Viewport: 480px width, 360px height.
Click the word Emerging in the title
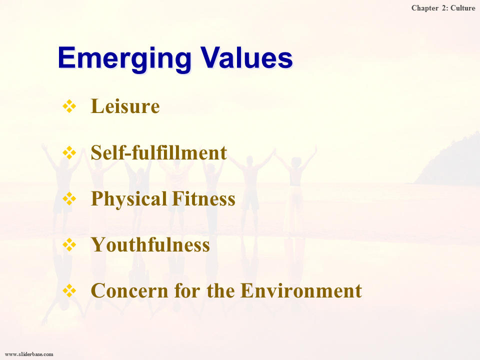tap(124, 59)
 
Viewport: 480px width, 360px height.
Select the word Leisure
tap(125, 106)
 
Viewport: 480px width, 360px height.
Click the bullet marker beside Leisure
tap(69, 106)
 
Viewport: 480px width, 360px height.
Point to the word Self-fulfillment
tap(159, 152)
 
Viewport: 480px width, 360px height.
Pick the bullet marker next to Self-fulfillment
tap(69, 152)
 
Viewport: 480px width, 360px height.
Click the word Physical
tap(129, 199)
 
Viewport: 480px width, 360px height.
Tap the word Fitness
tap(203, 198)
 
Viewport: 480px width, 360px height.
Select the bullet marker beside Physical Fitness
tap(69, 198)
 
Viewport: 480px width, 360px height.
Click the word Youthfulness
tap(150, 244)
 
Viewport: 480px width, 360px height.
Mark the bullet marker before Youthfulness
tap(69, 244)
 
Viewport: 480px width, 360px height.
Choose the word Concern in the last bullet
tap(129, 290)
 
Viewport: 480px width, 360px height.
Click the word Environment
tap(301, 290)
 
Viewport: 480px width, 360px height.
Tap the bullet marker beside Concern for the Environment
tap(69, 290)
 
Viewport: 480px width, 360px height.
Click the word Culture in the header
tap(463, 8)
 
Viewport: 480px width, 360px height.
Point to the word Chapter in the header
tap(425, 8)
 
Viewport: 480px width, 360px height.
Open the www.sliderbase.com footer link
tap(29, 354)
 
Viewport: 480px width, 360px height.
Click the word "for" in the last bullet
tap(187, 290)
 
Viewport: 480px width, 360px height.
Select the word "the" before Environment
tap(220, 290)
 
